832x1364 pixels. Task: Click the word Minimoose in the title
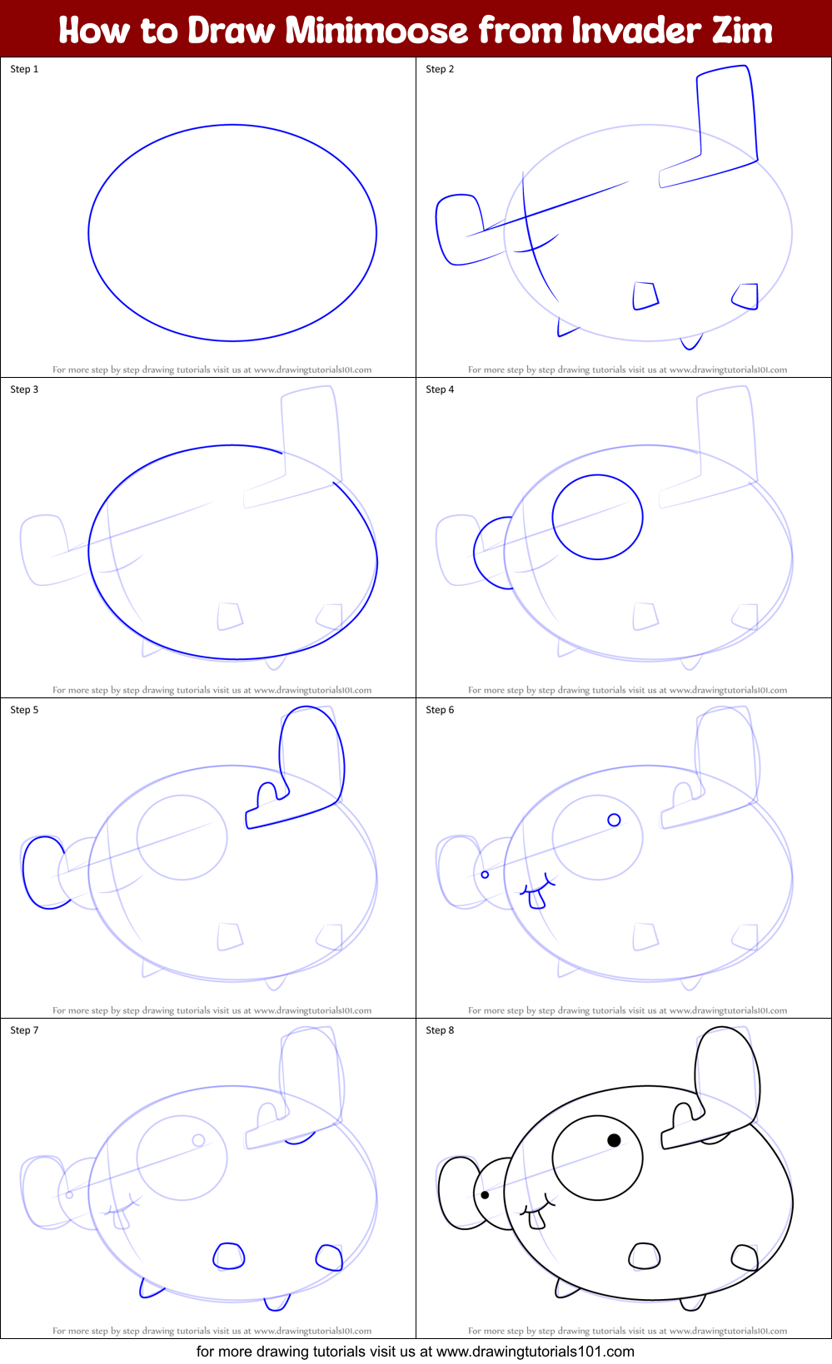(x=376, y=30)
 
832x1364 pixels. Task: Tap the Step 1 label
(x=24, y=69)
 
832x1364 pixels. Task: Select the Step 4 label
(x=440, y=389)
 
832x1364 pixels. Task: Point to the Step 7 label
(x=24, y=1030)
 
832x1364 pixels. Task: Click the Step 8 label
(x=440, y=1030)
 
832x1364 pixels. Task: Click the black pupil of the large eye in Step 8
(x=614, y=1140)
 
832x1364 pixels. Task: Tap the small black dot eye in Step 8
(x=485, y=1195)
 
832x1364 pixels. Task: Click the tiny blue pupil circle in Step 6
(x=614, y=820)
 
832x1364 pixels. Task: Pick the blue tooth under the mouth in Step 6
(x=537, y=899)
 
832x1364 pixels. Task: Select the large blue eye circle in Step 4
(x=597, y=517)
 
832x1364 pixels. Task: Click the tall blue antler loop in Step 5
(x=312, y=753)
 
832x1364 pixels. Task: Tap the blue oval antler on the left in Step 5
(x=43, y=872)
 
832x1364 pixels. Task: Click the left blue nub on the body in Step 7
(x=228, y=1256)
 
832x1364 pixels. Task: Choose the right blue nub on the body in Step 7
(x=330, y=1257)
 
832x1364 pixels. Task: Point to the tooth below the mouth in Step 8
(x=537, y=1219)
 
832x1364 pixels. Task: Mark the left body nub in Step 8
(x=644, y=1256)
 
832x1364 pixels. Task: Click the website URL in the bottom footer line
(x=535, y=1352)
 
